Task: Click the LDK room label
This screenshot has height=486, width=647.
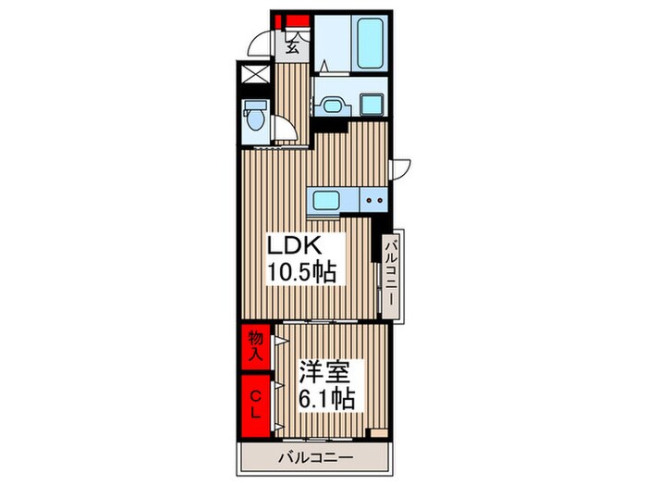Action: click(x=295, y=246)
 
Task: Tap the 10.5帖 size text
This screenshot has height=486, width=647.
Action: click(x=301, y=271)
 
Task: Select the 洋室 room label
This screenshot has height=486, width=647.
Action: click(x=325, y=373)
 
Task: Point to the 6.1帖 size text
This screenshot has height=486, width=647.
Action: click(x=326, y=398)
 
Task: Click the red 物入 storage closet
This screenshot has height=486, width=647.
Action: click(x=255, y=347)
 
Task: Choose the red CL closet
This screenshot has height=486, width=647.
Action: click(x=255, y=405)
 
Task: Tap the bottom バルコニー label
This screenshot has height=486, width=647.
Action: click(x=316, y=457)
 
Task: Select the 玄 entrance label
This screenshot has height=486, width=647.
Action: click(x=293, y=47)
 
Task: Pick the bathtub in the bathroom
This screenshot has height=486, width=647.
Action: click(x=370, y=44)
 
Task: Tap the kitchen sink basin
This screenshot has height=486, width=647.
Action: click(x=325, y=201)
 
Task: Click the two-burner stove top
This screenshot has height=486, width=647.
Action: click(x=373, y=200)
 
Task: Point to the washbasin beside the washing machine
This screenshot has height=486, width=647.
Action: click(x=331, y=106)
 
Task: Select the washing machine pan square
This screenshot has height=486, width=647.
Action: click(x=372, y=104)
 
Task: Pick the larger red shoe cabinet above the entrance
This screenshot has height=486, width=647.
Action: click(x=298, y=20)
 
